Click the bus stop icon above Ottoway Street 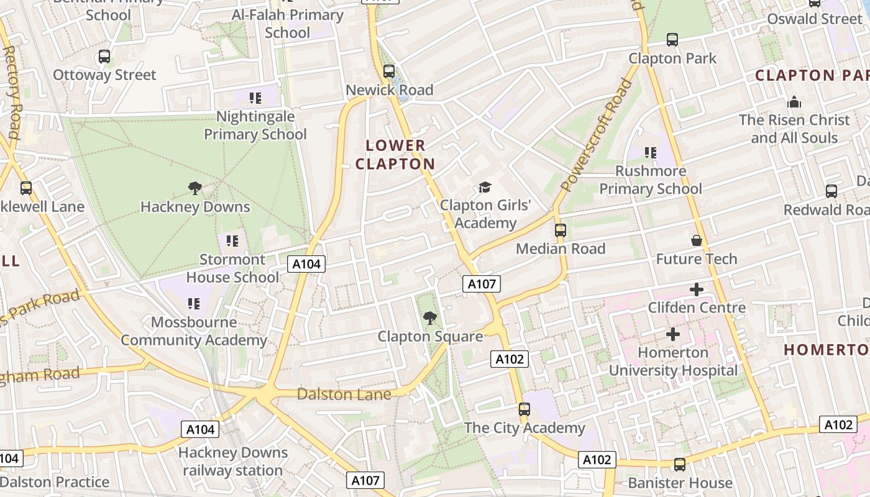pyautogui.click(x=104, y=57)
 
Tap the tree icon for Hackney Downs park pyautogui.click(x=195, y=188)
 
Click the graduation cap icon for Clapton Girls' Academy pyautogui.click(x=485, y=187)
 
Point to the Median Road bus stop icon pyautogui.click(x=561, y=230)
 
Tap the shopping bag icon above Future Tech pyautogui.click(x=697, y=240)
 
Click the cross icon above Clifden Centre pyautogui.click(x=697, y=290)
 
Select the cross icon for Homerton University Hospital pyautogui.click(x=672, y=334)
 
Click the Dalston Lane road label pyautogui.click(x=344, y=394)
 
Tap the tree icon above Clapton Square pyautogui.click(x=429, y=319)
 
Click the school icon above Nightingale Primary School pyautogui.click(x=255, y=98)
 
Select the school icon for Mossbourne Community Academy pyautogui.click(x=194, y=304)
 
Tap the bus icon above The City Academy pyautogui.click(x=524, y=409)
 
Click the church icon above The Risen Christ pyautogui.click(x=794, y=102)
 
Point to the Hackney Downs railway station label pyautogui.click(x=233, y=462)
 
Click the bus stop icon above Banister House pyautogui.click(x=680, y=465)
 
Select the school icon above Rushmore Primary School pyautogui.click(x=651, y=153)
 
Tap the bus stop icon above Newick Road pyautogui.click(x=389, y=71)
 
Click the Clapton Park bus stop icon pyautogui.click(x=672, y=40)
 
